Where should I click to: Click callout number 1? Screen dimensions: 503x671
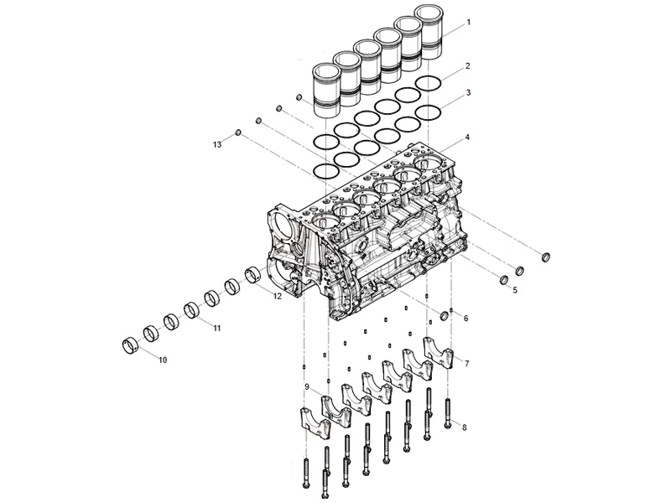(468, 19)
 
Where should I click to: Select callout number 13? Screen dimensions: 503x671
(216, 145)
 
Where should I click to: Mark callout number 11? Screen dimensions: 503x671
(216, 327)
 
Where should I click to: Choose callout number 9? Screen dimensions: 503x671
(307, 386)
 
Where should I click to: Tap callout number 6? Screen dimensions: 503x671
(466, 319)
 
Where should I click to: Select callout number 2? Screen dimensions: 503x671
(468, 65)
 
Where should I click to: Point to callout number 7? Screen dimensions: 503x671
(466, 363)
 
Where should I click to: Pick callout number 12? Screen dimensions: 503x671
(277, 295)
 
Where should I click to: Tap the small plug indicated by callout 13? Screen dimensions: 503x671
(238, 132)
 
